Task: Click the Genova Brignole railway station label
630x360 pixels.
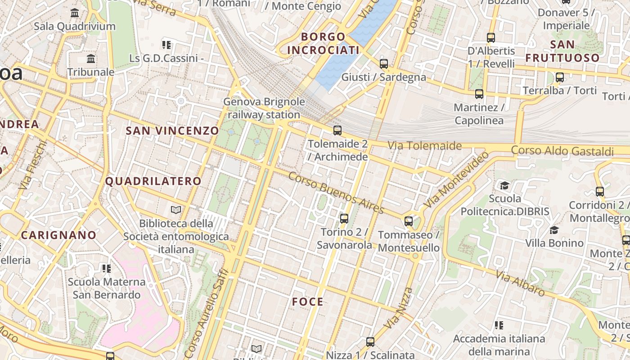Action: coord(264,108)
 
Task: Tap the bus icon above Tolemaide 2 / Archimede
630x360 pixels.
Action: coord(337,130)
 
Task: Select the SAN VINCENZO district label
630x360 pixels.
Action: coord(172,131)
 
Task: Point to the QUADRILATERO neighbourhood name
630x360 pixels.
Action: coord(153,181)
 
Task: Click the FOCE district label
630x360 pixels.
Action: coord(308,302)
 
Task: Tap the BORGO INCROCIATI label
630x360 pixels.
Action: coord(323,43)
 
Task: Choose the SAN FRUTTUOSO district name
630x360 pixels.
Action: coord(562,51)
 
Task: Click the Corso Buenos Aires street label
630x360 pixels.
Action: coord(336,193)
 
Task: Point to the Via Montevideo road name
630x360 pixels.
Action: coord(456,180)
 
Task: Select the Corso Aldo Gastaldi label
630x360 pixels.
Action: coord(562,150)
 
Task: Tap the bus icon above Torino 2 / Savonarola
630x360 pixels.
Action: coord(344,219)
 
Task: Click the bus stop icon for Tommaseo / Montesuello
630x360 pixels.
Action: coord(409,221)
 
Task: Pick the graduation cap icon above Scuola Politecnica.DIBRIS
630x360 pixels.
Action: coord(505,185)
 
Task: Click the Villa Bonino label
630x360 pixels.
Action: coord(554,243)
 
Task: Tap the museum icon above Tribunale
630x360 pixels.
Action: coord(91,58)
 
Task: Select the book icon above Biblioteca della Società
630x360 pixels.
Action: coord(176,210)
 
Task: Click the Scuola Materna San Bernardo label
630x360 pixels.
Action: coord(107,288)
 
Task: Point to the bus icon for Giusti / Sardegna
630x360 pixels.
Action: coord(384,64)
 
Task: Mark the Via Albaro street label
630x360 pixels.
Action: coord(520,283)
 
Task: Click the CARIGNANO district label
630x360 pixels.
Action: coord(58,235)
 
